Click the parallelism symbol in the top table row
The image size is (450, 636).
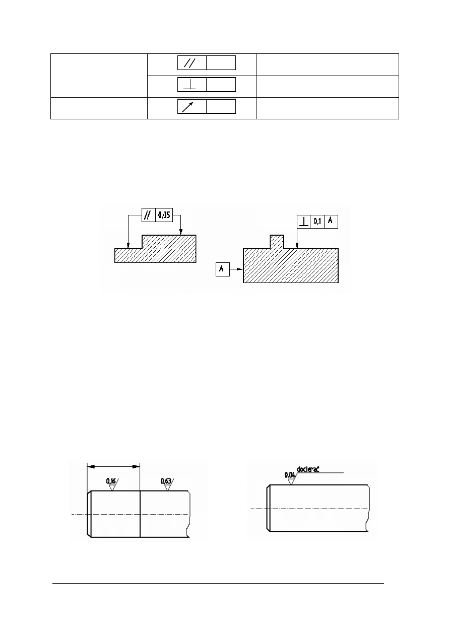(x=189, y=63)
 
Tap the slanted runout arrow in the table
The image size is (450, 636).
(x=187, y=107)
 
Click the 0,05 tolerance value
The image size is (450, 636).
(x=164, y=215)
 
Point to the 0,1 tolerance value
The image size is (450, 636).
(x=317, y=222)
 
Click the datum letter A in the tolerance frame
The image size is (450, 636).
(x=330, y=221)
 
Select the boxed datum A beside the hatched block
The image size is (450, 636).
(x=222, y=269)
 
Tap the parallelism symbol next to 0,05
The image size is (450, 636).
(x=147, y=215)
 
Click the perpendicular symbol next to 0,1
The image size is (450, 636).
(x=304, y=222)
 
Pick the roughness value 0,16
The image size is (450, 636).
(x=111, y=481)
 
